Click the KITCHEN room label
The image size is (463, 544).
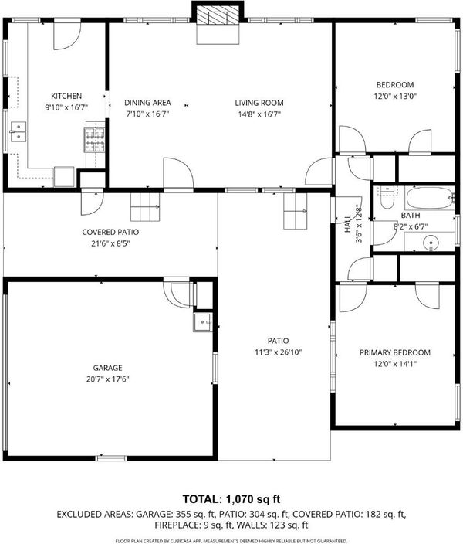coord(66,96)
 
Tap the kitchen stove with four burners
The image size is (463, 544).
coord(95,140)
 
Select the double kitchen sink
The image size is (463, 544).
coord(18,132)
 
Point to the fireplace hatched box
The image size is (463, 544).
coord(218,16)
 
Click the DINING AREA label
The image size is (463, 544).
coord(147,103)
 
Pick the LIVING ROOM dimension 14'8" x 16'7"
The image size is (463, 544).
coord(259,114)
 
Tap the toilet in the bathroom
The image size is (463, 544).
coord(386,197)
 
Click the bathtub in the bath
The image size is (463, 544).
coord(430,198)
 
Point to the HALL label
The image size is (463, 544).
coord(347,224)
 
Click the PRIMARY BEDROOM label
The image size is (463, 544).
coord(395,352)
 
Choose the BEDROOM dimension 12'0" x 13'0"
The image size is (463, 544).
coord(395,96)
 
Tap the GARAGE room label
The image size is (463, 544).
coord(107,368)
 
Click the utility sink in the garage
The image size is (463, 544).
coord(203,322)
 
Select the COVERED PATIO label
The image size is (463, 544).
coord(110,232)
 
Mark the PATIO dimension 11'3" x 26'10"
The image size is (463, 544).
coord(279,352)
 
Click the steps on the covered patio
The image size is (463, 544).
coord(145,207)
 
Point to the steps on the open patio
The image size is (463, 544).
coord(296,211)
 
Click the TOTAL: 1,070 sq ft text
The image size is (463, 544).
coord(231,499)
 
